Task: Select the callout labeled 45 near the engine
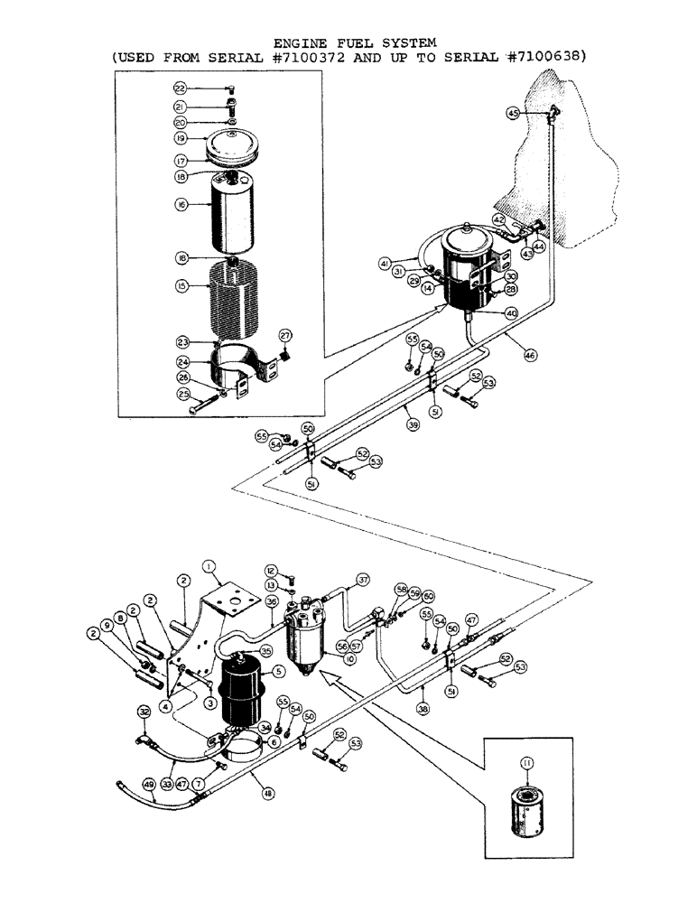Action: [513, 114]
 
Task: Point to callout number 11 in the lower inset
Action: [528, 763]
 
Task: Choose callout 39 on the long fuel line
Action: [412, 423]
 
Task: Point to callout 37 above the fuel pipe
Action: [363, 579]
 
